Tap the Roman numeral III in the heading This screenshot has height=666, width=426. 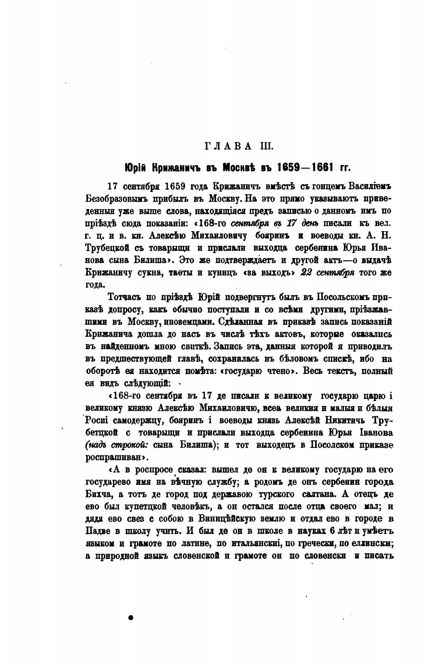[x=266, y=146]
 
